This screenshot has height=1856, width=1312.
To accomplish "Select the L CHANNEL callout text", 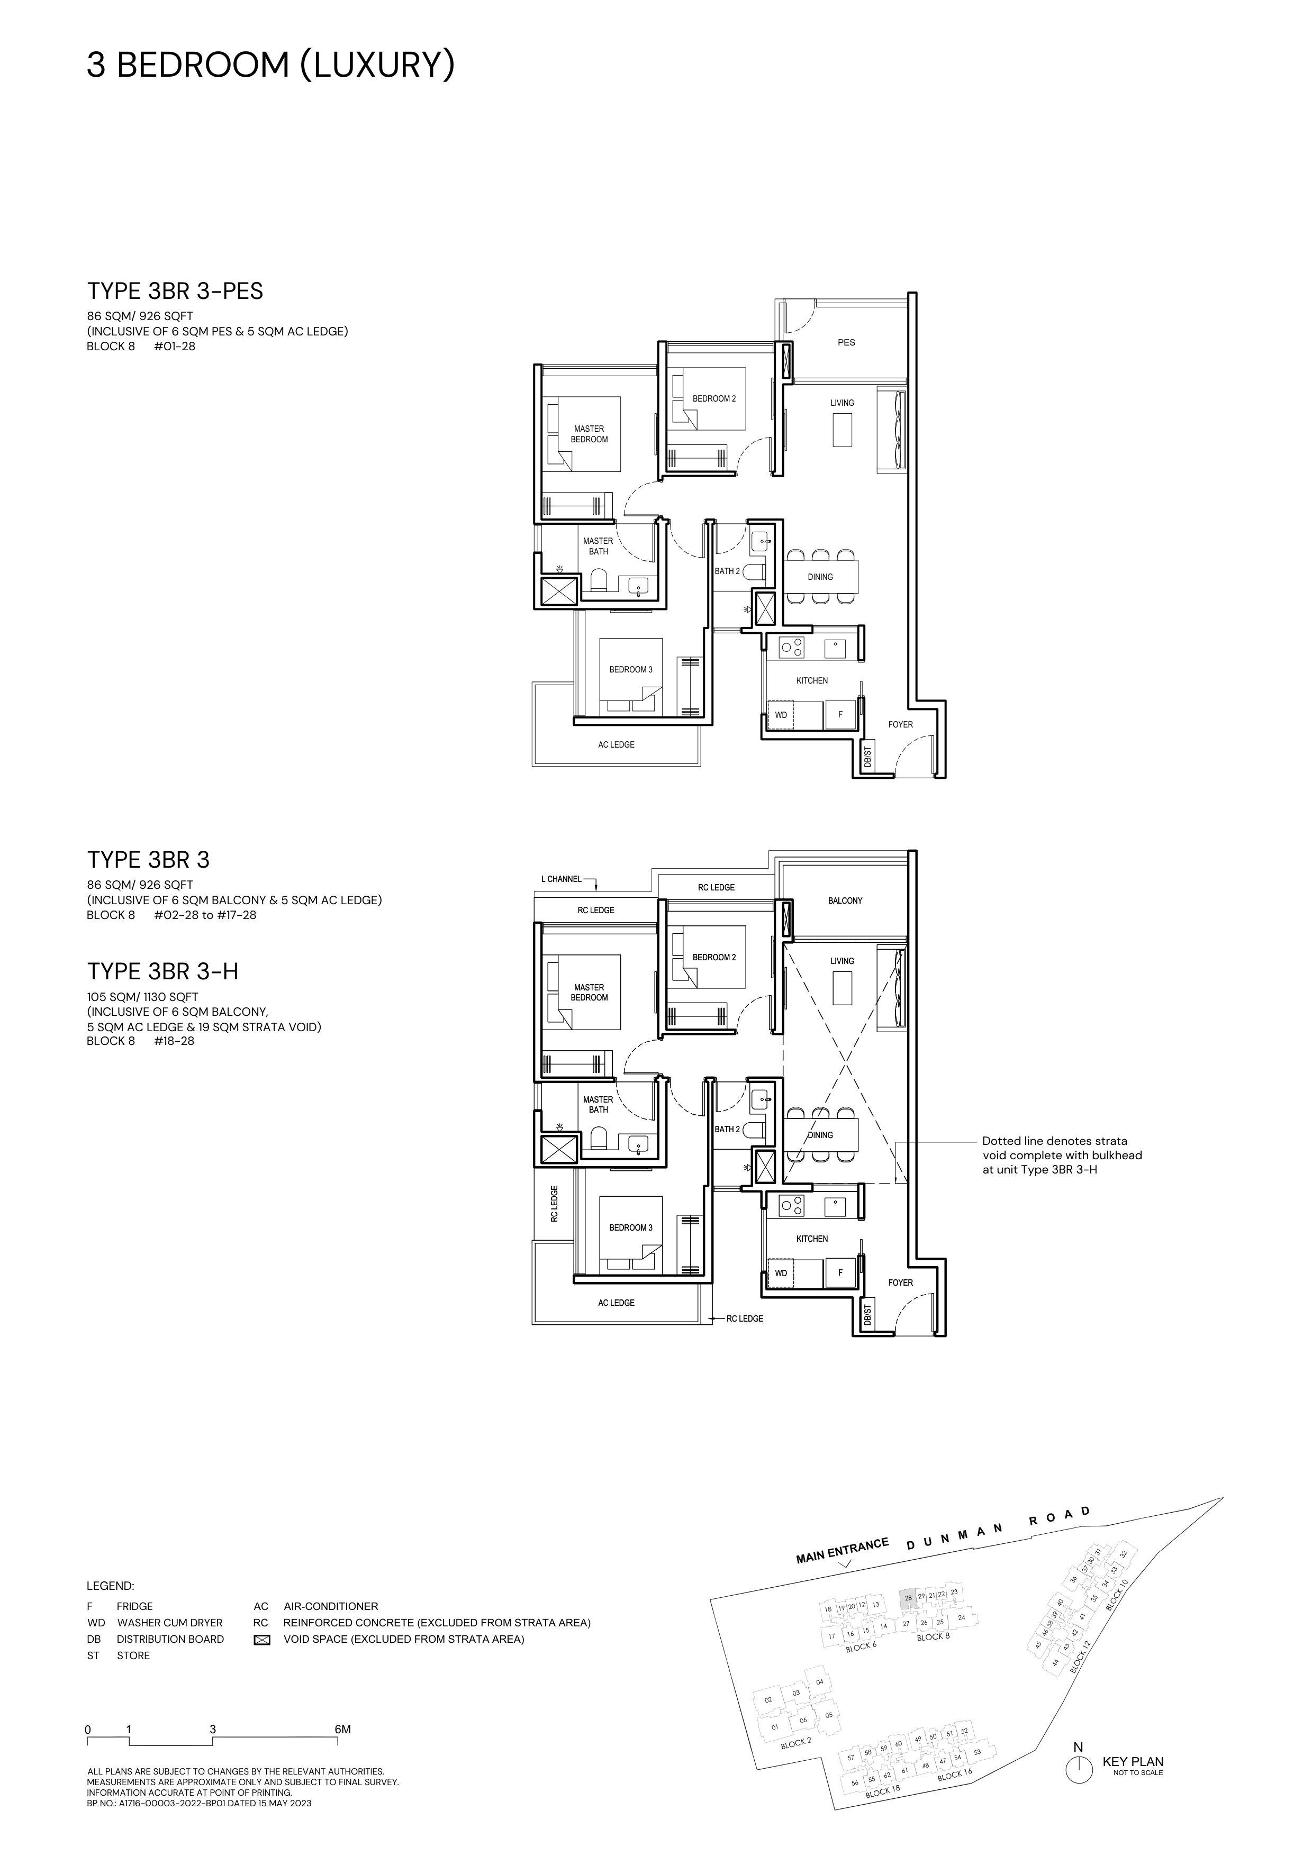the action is coord(561,879).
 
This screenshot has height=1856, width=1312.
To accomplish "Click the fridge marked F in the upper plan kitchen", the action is coord(840,715).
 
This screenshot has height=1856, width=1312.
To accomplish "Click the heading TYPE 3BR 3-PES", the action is coord(175,291).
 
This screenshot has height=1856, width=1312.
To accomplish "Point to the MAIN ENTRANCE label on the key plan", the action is coord(843,1550).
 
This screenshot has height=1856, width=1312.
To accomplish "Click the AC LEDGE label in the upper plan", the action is coord(617,744).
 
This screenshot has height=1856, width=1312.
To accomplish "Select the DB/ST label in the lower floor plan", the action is coord(867,1315).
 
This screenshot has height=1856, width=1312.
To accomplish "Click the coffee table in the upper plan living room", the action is coord(843,429).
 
